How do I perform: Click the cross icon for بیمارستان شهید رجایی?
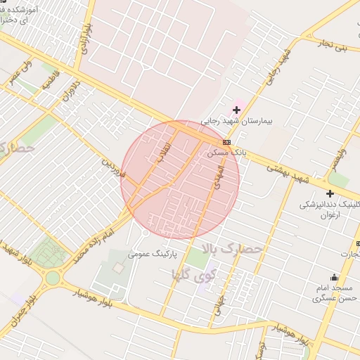[x=236, y=110]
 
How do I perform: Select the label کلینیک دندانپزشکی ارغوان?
[x=330, y=209]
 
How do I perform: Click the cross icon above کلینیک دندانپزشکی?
[x=330, y=193]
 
